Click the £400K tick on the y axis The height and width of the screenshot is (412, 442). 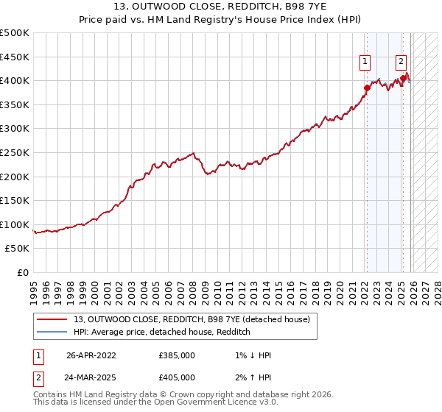coord(15,80)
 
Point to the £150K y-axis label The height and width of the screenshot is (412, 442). coord(15,200)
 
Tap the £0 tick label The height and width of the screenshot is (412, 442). coord(23,272)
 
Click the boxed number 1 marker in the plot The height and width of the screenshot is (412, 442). coord(365,63)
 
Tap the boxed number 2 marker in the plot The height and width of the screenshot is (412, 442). coord(401,63)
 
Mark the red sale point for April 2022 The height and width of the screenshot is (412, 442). coord(367,88)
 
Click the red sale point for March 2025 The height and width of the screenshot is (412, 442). coord(403,78)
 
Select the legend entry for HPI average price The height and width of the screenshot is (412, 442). coord(162,332)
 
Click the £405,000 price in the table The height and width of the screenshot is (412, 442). coord(176,377)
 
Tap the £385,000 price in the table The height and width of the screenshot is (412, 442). coord(176,355)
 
